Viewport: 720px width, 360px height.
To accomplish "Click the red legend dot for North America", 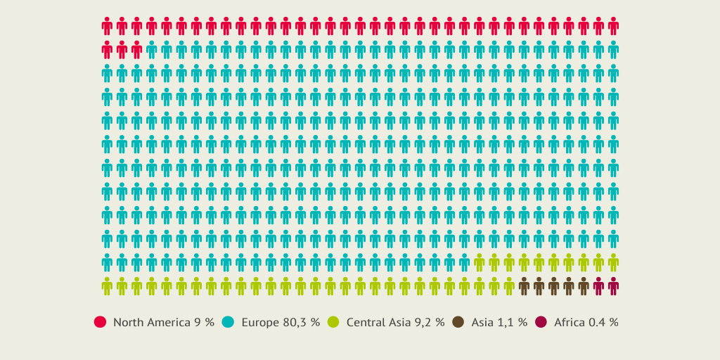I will click(100, 322).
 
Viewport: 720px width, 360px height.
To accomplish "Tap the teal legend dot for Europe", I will click(228, 322).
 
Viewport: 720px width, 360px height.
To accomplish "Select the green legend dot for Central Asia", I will click(333, 322).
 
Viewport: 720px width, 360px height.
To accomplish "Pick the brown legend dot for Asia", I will click(458, 322).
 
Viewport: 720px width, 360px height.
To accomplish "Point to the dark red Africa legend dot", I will click(541, 322).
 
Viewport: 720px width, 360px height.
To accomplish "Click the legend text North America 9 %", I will click(163, 322).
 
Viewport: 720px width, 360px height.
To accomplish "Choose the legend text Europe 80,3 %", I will click(281, 322).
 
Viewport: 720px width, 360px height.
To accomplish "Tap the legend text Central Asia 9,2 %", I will click(395, 322).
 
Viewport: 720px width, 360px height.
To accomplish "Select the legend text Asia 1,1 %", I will click(499, 322).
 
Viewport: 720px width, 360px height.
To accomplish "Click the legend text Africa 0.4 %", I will click(586, 322).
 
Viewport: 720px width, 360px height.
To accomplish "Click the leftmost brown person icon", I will click(524, 286).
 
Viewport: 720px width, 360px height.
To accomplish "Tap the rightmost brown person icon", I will click(584, 286).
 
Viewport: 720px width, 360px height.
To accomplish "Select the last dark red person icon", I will click(613, 286).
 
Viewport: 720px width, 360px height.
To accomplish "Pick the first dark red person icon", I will click(598, 286).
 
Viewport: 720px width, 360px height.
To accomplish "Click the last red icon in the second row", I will click(136, 50).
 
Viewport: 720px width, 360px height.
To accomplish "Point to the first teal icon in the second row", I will click(151, 50).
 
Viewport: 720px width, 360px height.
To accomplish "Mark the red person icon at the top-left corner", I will click(107, 26).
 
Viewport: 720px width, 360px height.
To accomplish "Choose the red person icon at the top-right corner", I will click(613, 26).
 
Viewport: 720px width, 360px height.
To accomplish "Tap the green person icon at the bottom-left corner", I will click(107, 286).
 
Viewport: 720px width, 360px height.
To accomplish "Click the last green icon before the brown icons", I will click(509, 286).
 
